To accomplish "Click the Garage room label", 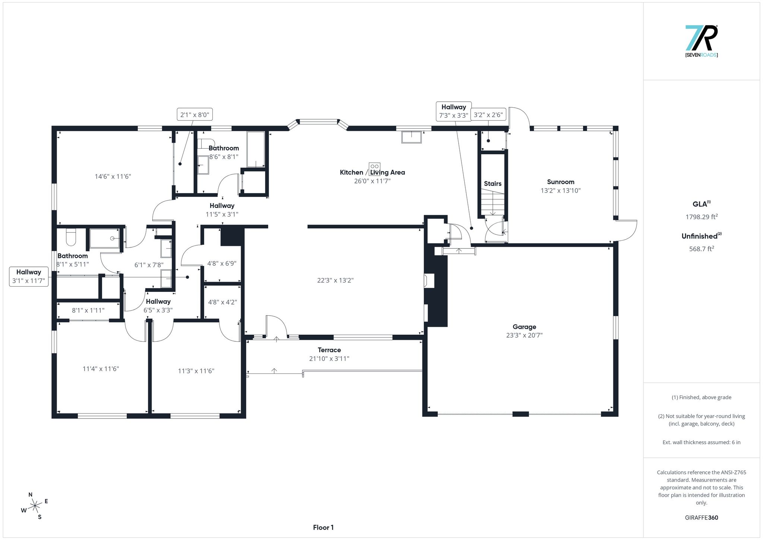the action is pos(524,327).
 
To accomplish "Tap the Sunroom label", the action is pos(561,182).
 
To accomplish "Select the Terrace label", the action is pos(329,350).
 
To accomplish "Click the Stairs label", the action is pos(493,183).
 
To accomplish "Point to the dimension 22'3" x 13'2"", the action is pos(335,280).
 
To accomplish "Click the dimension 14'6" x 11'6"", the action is pos(113,176).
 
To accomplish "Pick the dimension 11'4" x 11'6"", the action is pos(101,369).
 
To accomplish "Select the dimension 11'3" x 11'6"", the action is pos(196,371).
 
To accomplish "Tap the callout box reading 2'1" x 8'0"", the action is pos(194,115).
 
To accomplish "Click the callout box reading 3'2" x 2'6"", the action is pos(488,115).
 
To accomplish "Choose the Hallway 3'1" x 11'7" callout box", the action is pos(29,277).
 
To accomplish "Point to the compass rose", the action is pos(35,506).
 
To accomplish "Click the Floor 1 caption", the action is pos(323,527).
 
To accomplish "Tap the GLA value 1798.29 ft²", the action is pos(702,217).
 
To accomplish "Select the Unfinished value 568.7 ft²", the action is pos(702,249).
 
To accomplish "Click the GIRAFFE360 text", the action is pos(702,518).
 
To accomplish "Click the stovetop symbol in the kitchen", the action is pos(375,168).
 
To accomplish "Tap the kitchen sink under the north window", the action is pos(412,137).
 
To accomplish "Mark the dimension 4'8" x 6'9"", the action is pos(222,263).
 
